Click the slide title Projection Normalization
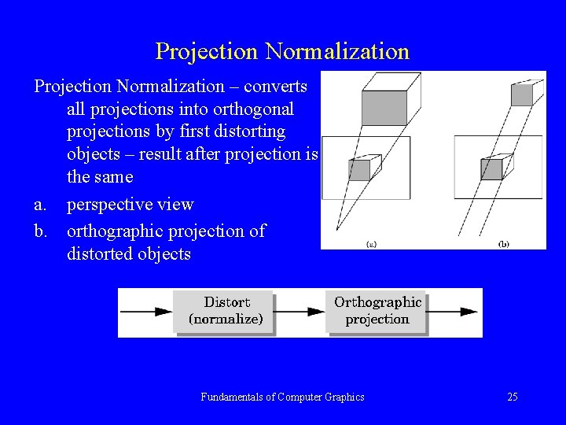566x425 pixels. (282, 51)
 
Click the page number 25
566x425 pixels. (513, 397)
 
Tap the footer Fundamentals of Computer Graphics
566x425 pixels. (282, 397)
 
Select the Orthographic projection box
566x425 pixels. (377, 311)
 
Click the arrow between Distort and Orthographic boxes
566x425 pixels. (300, 312)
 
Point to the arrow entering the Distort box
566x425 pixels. (146, 312)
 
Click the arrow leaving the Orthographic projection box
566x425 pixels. (454, 312)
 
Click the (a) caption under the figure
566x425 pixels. (371, 244)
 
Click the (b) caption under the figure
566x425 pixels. (503, 244)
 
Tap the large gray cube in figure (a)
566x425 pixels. (384, 106)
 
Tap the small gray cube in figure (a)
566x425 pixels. (359, 170)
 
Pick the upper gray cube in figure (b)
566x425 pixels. (522, 94)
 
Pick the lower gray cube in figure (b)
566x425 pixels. (491, 169)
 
